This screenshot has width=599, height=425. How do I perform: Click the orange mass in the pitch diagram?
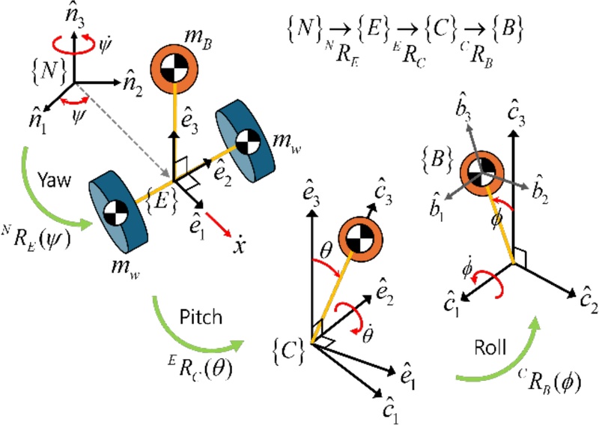[x=362, y=238]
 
